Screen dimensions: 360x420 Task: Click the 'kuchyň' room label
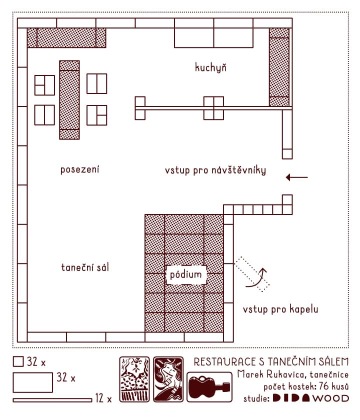coord(211,68)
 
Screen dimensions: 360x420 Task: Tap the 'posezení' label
coord(80,170)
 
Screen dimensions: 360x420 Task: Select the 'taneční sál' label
coord(85,267)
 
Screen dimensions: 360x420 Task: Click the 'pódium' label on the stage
coord(186,275)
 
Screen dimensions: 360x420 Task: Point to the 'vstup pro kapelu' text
coord(280,309)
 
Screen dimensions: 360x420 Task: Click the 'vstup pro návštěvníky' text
coord(215,170)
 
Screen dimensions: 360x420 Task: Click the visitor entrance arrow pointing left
coord(297,178)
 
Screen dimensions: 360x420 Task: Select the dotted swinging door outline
coord(252,274)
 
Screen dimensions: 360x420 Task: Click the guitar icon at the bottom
coord(209,387)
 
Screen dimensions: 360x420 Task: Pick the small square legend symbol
coord(18,361)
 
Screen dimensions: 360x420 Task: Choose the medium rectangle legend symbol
coord(33,382)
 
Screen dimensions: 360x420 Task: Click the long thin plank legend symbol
coord(52,400)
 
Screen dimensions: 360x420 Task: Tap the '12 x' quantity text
coord(103,398)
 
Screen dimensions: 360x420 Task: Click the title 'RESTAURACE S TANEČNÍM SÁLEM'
coord(271,362)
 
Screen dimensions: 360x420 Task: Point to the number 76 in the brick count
coord(324,387)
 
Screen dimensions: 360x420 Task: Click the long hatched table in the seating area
coord(69,100)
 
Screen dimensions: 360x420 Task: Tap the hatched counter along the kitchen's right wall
coord(279,67)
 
